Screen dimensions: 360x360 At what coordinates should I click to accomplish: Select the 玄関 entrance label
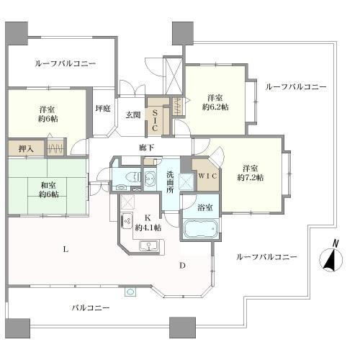pos(133,114)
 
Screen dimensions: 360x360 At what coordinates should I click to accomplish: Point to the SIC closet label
pos(155,119)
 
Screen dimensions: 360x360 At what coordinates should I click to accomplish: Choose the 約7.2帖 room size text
pos(251,176)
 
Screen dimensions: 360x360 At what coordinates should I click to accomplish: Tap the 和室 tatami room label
pos(48,184)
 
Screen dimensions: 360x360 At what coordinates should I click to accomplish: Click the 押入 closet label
pos(25,148)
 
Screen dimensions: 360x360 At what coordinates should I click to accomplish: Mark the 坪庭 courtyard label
pos(103,109)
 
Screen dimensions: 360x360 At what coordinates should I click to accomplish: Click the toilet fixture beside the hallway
pos(132,176)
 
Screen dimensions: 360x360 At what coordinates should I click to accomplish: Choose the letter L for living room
pos(65,249)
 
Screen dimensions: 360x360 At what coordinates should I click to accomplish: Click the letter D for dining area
pos(183,266)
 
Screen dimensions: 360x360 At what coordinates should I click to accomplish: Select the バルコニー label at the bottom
pos(90,307)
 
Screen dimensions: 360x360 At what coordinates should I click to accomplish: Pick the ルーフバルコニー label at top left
pos(66,63)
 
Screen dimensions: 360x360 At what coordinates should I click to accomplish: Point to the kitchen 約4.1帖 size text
pos(148,227)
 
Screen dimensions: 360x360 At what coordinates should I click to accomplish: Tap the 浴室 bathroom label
pos(204,207)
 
